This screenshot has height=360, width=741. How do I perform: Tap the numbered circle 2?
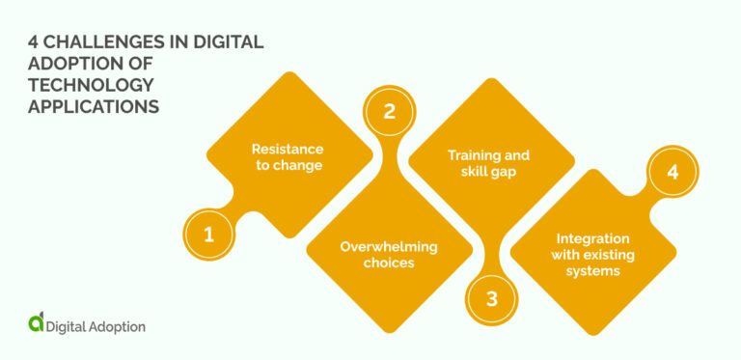click(389, 111)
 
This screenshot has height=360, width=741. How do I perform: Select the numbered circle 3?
click(491, 298)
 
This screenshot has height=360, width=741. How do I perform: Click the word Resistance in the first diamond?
click(288, 149)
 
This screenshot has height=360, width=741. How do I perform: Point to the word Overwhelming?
click(388, 246)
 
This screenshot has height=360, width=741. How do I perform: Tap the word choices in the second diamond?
click(389, 263)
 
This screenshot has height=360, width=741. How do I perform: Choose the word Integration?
click(592, 238)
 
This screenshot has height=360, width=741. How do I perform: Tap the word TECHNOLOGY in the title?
click(89, 85)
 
